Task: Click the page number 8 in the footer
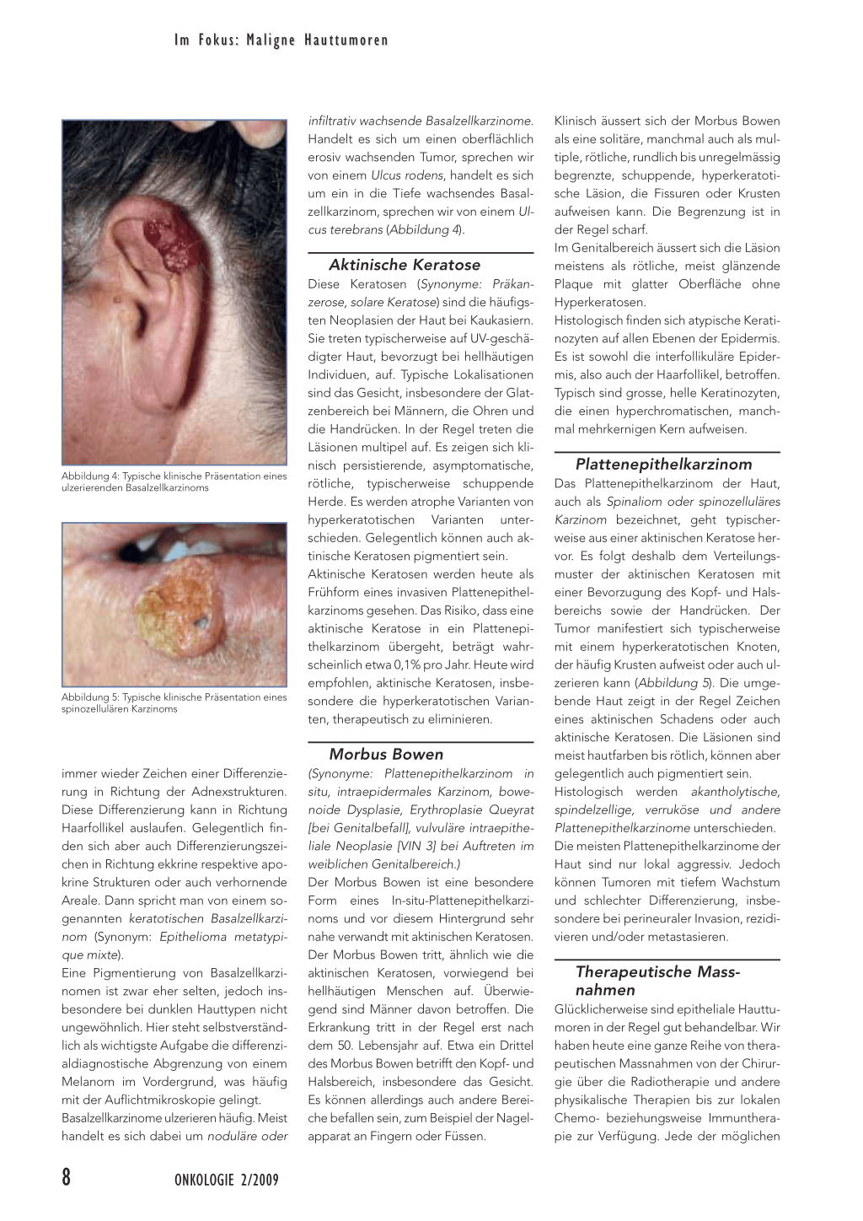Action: (67, 1177)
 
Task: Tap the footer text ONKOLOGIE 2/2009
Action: (226, 1180)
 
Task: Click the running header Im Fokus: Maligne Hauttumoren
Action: (281, 40)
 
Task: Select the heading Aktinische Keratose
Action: (405, 265)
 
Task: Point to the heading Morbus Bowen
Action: (386, 754)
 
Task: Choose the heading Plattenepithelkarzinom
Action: (663, 464)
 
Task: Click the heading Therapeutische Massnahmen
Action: (657, 981)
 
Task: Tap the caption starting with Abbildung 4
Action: (174, 481)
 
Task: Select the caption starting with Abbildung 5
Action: (174, 702)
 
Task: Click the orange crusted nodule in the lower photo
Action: (179, 605)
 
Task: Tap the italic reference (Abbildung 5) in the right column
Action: (674, 683)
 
